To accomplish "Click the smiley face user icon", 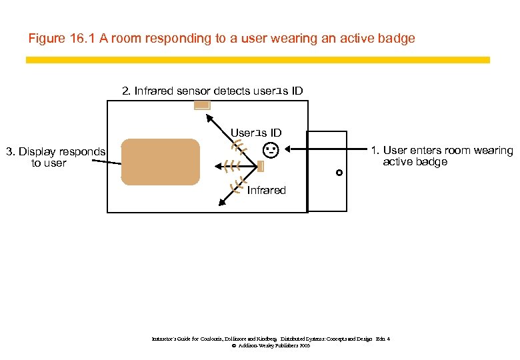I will point(271,150).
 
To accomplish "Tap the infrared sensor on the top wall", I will point(202,105).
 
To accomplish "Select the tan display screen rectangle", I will point(161,161).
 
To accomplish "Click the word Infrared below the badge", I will point(266,191).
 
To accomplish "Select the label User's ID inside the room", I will point(256,133).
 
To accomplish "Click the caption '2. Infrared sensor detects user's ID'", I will point(211,91).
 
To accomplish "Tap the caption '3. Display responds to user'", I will point(55,157).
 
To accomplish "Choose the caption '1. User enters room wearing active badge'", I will point(442,156).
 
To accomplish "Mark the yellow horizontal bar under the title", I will point(257,60).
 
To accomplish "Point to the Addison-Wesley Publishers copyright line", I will point(270,346).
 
